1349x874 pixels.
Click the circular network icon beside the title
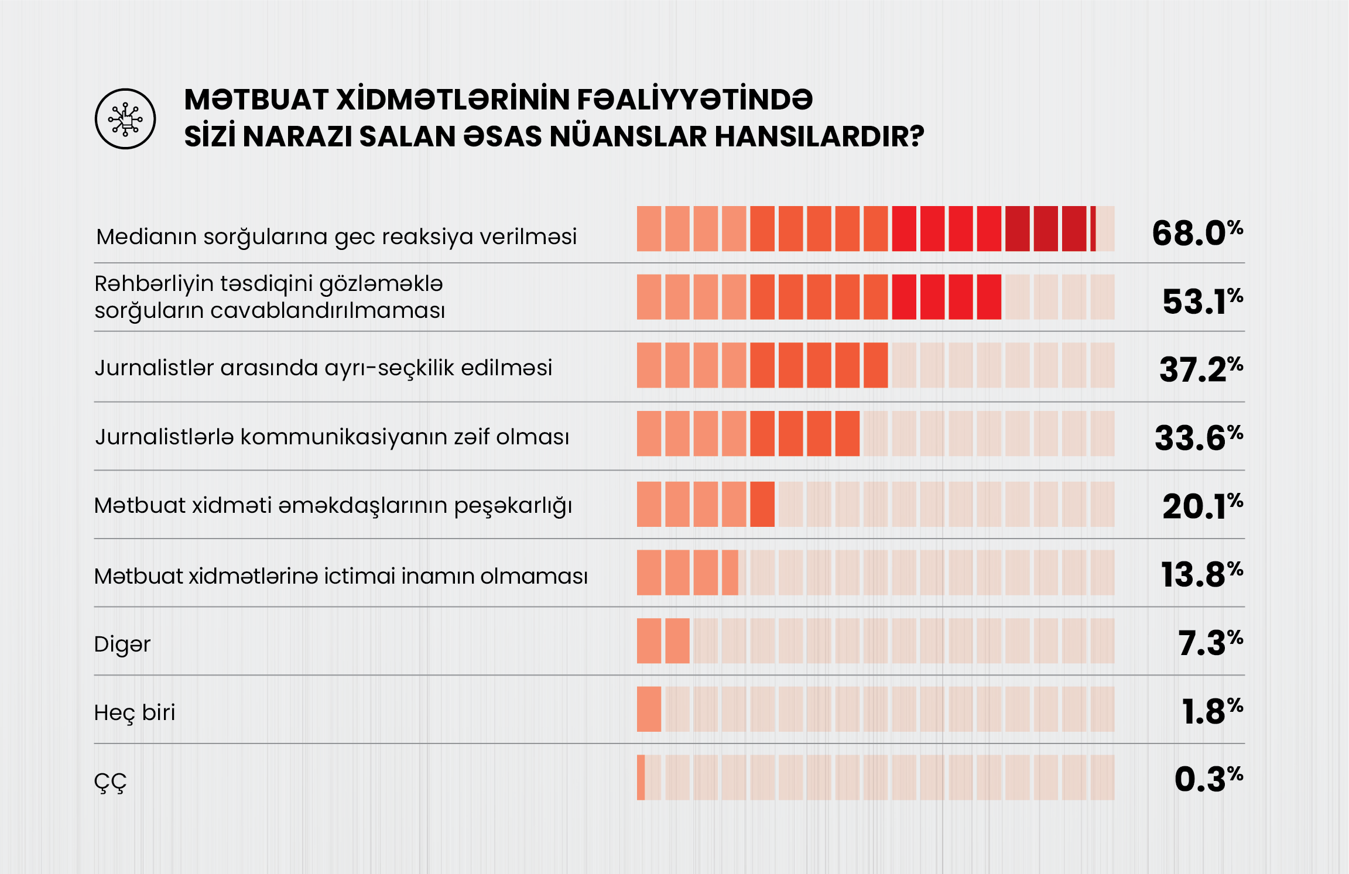pyautogui.click(x=125, y=119)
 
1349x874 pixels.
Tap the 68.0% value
pyautogui.click(x=1197, y=233)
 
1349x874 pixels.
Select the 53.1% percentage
pyautogui.click(x=1202, y=301)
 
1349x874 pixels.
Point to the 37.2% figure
pyautogui.click(x=1200, y=369)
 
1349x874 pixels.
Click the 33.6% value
pyautogui.click(x=1198, y=438)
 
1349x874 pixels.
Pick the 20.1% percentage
pyautogui.click(x=1202, y=506)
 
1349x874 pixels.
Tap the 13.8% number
pyautogui.click(x=1201, y=574)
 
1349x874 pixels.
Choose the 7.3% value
pyautogui.click(x=1210, y=643)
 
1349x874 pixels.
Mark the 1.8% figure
pyautogui.click(x=1211, y=711)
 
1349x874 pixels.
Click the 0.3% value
pyautogui.click(x=1208, y=779)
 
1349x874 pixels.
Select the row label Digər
pyautogui.click(x=122, y=645)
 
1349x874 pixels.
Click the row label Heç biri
pyautogui.click(x=135, y=713)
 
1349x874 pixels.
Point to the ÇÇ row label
pyautogui.click(x=110, y=782)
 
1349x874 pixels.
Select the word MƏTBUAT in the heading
pyautogui.click(x=256, y=100)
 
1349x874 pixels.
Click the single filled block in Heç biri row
pyautogui.click(x=649, y=709)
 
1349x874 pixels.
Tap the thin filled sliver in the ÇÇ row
pyautogui.click(x=641, y=777)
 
